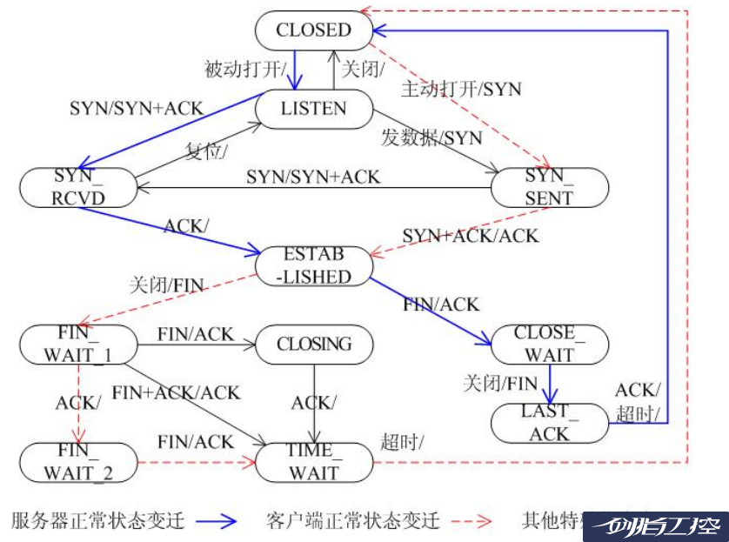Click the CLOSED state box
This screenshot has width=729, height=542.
(x=314, y=30)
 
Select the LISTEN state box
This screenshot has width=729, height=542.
(x=314, y=109)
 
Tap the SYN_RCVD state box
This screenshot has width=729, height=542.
(x=77, y=187)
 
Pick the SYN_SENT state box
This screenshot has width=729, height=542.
(x=549, y=187)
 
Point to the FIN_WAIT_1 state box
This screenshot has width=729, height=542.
(x=77, y=344)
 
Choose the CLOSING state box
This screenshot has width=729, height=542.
(x=314, y=344)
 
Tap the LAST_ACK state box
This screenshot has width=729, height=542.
(x=549, y=422)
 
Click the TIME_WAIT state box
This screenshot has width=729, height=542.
(x=314, y=462)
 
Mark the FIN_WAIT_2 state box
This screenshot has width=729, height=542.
(x=77, y=462)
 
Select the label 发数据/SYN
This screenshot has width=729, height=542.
(x=431, y=137)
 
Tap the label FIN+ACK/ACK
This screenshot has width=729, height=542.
(x=176, y=393)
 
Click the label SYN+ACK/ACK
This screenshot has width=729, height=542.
(x=470, y=236)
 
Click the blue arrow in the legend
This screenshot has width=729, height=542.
(x=217, y=521)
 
